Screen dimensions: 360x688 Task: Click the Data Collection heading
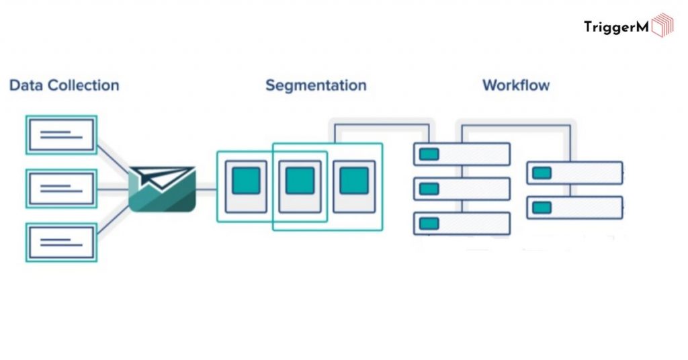[64, 85]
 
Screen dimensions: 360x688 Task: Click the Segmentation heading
[316, 85]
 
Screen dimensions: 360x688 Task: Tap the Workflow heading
[516, 85]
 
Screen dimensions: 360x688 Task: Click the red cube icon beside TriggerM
[662, 26]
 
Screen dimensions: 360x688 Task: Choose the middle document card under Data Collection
[61, 188]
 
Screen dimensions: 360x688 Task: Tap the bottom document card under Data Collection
[61, 242]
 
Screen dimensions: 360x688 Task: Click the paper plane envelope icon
[162, 189]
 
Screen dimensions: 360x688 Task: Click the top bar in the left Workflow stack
[462, 154]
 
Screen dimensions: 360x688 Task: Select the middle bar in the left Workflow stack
[462, 189]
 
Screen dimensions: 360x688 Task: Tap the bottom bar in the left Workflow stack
[462, 223]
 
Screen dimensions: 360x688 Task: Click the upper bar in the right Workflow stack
[574, 173]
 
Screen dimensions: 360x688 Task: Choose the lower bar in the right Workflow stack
[574, 208]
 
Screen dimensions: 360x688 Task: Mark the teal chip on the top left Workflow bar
[429, 154]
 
